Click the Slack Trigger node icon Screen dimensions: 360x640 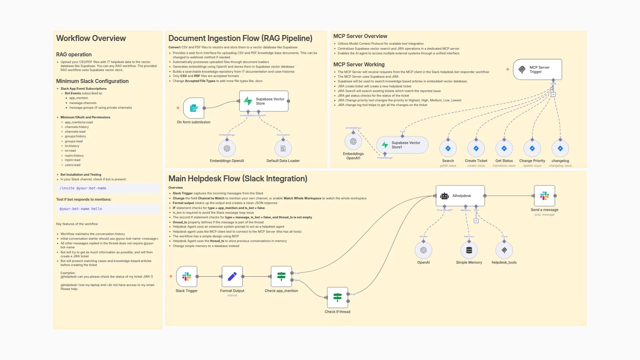187,276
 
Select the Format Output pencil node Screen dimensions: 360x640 232,276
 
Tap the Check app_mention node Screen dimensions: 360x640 281,276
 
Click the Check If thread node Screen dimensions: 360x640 337,297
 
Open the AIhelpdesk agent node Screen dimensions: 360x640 460,196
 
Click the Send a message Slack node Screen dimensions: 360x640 544,196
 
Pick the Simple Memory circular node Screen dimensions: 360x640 469,250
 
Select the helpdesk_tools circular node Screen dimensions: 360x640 504,250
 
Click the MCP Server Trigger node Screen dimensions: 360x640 537,69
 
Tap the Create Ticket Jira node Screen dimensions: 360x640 476,148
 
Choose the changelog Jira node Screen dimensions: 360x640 560,148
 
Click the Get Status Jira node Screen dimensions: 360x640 504,148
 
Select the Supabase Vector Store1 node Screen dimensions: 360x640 402,145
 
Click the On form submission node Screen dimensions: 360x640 194,108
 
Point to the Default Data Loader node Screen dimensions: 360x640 283,148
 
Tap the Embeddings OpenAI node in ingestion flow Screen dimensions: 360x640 227,148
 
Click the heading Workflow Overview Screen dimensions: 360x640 91,38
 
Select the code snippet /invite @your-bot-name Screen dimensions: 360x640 83,188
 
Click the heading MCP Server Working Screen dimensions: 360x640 359,64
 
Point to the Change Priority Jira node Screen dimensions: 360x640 532,148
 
